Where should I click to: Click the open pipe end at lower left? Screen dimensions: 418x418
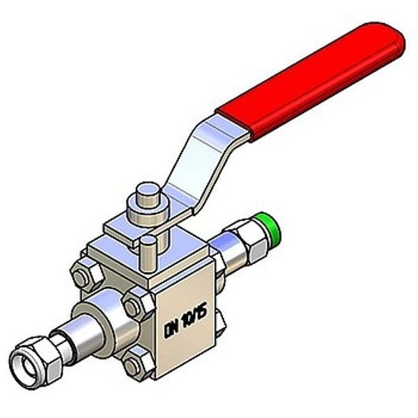click(x=27, y=359)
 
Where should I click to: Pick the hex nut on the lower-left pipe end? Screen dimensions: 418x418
click(x=38, y=352)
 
